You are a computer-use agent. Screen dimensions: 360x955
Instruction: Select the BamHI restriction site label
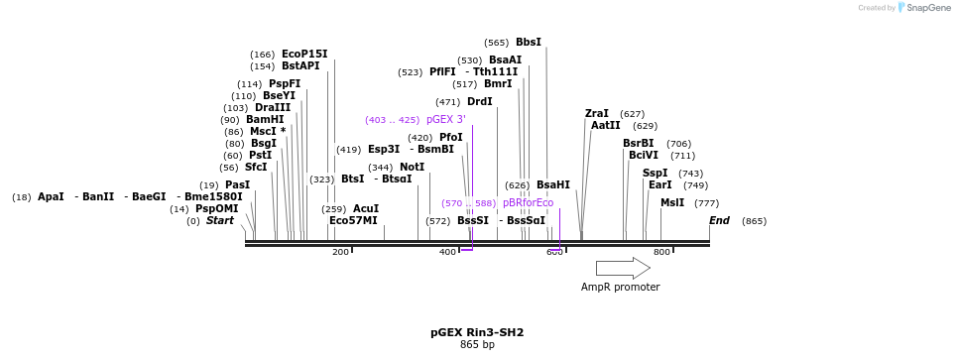pos(265,120)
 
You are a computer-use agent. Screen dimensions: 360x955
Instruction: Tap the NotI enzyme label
pos(412,168)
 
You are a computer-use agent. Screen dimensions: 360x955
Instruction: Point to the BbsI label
pos(529,43)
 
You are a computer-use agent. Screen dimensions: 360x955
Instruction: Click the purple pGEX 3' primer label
pos(445,120)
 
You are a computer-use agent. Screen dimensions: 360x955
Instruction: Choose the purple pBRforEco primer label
pos(528,203)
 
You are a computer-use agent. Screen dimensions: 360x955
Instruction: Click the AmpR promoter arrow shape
pos(622,268)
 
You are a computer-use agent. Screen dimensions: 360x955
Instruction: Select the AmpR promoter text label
pos(620,288)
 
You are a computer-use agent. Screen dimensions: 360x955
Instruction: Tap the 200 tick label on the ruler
pos(340,253)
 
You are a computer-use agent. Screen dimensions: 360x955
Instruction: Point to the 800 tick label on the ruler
pos(661,253)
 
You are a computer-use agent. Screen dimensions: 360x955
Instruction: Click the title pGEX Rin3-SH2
pos(477,332)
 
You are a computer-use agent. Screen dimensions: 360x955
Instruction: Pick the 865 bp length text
pos(477,345)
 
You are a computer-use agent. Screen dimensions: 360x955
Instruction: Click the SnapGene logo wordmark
pos(924,8)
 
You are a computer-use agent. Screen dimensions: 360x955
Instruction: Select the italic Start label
pos(219,221)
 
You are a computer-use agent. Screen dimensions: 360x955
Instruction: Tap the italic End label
pos(719,221)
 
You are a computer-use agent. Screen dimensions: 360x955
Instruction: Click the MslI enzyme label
pos(671,202)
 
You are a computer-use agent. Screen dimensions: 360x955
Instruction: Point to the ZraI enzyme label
pos(597,114)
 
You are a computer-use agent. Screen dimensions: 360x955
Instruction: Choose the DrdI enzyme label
pos(479,102)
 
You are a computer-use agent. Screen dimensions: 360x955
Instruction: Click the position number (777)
pos(706,203)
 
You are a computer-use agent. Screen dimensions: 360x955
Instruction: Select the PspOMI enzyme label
pos(216,209)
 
